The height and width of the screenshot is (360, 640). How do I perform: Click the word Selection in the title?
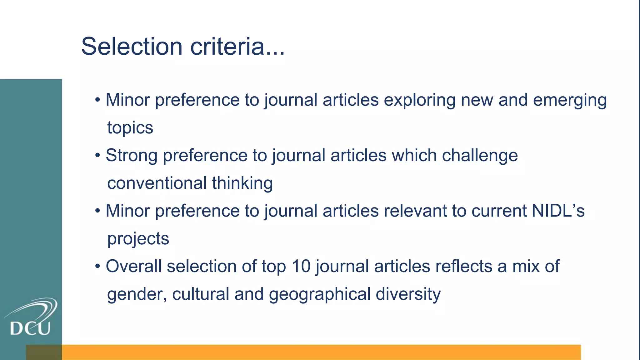pos(132,46)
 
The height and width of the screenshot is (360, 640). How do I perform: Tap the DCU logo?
pos(31,317)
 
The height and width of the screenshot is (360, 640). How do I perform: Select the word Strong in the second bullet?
pos(131,155)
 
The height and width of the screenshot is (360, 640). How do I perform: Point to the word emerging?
pos(570,100)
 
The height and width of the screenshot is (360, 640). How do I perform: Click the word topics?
pos(130,127)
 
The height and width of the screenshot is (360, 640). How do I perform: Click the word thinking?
pos(242,183)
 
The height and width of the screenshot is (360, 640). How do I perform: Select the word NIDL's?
pos(558,211)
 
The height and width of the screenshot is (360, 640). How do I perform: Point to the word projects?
pos(138,239)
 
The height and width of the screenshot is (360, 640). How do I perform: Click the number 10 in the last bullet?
pos(301,266)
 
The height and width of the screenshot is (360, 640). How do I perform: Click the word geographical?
pos(319,294)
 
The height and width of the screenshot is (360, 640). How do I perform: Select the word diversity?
pos(408,294)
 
